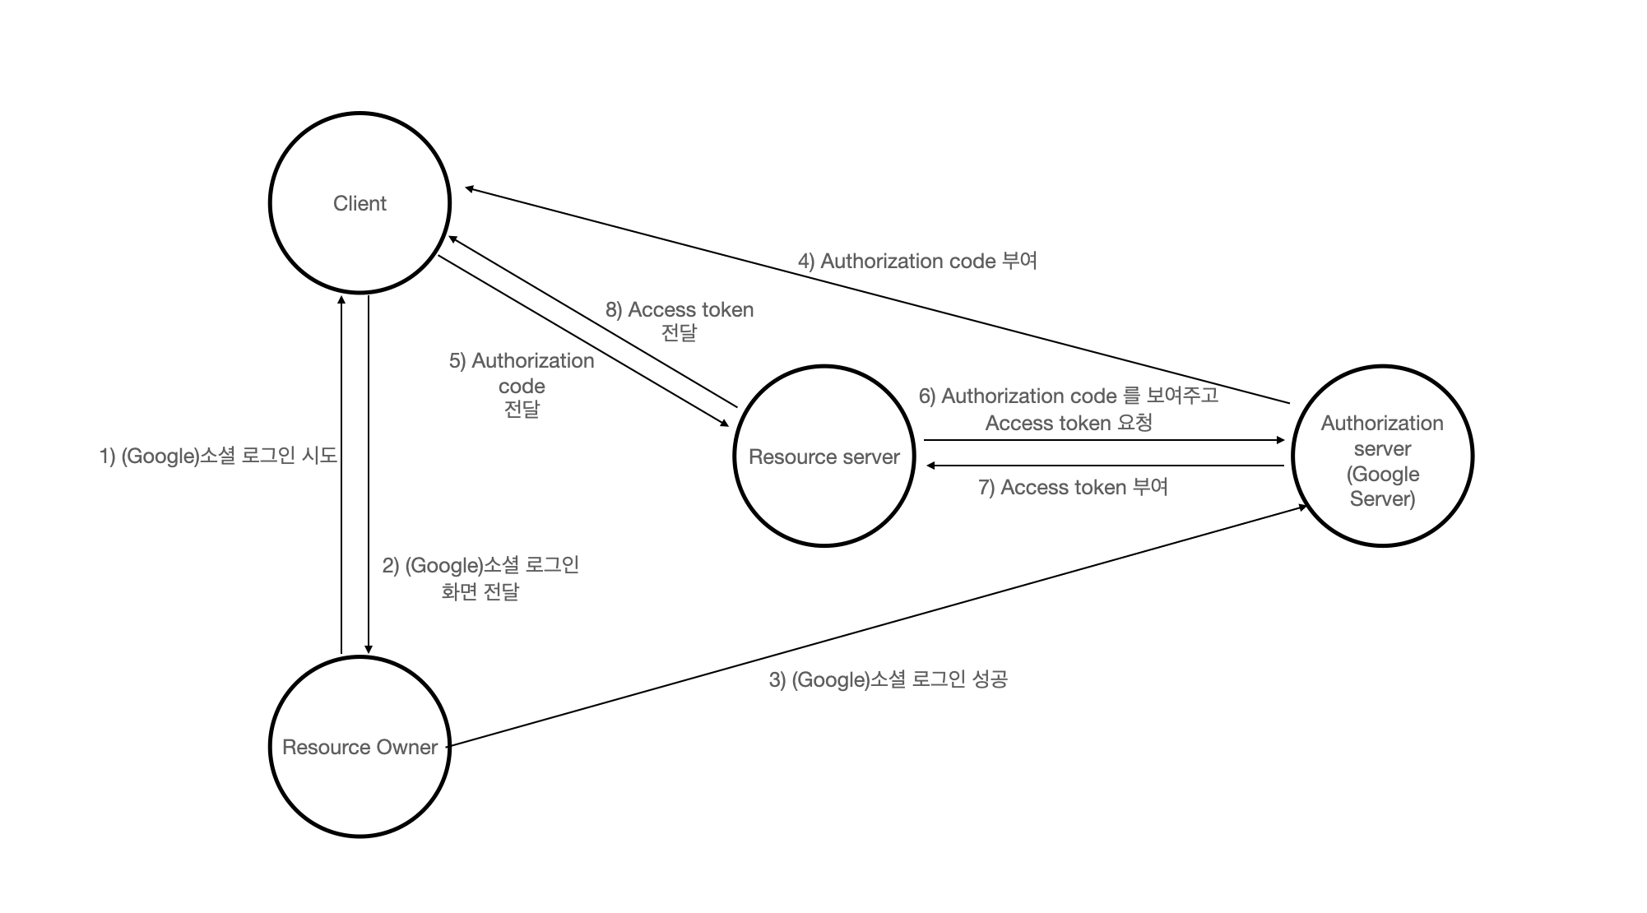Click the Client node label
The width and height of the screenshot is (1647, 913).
[360, 204]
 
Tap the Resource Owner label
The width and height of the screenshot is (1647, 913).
[360, 747]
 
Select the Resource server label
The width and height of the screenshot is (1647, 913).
[823, 457]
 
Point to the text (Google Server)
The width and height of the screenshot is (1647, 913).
[1382, 486]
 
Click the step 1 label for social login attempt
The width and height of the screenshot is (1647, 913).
[218, 456]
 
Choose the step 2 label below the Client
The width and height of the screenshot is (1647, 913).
[480, 578]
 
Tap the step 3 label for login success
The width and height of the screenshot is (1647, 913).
[888, 679]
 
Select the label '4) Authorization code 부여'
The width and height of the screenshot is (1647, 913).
[917, 262]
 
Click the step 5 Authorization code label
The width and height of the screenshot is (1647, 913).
[522, 385]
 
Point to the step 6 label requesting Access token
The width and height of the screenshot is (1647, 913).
[1068, 410]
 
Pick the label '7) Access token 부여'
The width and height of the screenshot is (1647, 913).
[1073, 488]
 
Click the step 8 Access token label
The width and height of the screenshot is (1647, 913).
[680, 321]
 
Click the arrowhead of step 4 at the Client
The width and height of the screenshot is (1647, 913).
[469, 189]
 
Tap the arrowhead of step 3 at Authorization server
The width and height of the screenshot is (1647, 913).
[1302, 507]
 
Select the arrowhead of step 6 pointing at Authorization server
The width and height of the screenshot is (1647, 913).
[1280, 440]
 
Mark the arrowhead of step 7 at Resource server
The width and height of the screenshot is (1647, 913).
[930, 466]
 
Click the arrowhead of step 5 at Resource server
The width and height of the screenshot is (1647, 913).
[725, 424]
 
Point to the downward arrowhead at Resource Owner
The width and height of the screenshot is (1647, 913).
[368, 648]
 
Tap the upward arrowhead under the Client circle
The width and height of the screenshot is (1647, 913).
[341, 301]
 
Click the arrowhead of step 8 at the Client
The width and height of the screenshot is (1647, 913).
[452, 239]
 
